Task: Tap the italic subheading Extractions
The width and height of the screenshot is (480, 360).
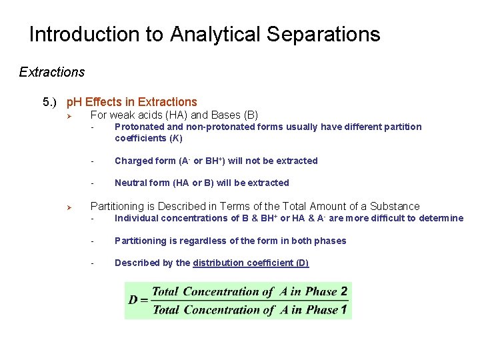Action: (52, 72)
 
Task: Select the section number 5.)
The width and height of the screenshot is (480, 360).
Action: (50, 102)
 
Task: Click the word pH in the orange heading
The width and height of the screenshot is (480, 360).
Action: (74, 102)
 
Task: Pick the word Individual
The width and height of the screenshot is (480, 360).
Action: (137, 218)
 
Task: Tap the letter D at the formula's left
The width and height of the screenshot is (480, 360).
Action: (133, 300)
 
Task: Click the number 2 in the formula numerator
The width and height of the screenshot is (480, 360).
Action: (343, 291)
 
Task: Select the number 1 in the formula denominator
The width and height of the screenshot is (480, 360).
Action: (343, 309)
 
